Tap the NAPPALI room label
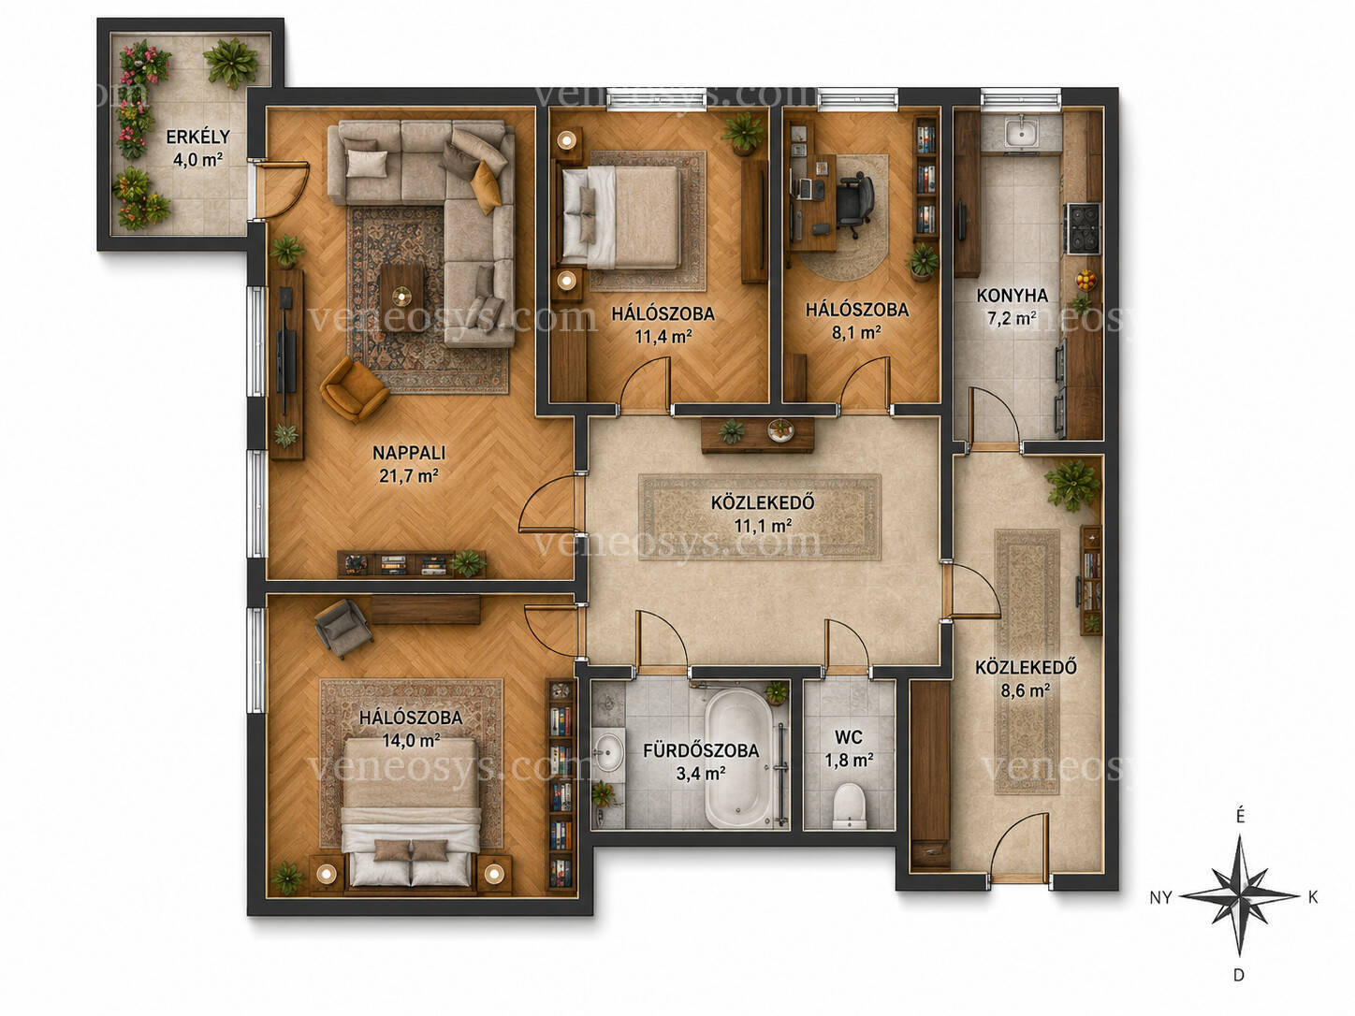point(409,453)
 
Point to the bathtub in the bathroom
point(738,757)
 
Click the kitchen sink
point(1022,132)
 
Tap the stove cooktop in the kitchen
point(1083,227)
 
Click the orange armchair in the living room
point(353,389)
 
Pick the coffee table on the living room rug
point(401,298)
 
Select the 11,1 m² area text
point(763,526)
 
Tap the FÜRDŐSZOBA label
point(701,750)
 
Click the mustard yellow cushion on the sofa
point(486,187)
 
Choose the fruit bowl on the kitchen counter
point(1085,281)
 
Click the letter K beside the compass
point(1313,897)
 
